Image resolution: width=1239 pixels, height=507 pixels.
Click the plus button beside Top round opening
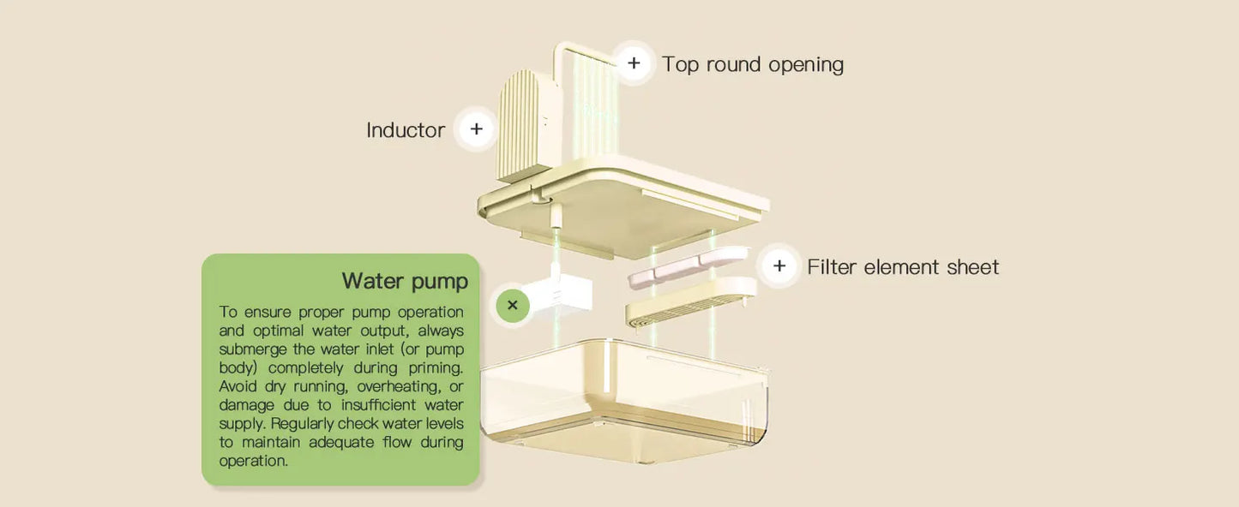click(633, 63)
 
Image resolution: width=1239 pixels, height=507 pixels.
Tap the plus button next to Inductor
click(476, 129)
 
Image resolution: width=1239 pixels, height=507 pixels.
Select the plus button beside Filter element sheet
click(779, 265)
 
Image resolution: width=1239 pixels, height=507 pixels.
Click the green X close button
click(513, 305)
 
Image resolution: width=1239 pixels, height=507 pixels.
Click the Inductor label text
click(406, 130)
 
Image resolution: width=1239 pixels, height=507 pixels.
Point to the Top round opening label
click(752, 65)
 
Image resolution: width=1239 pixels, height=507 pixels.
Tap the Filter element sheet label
click(902, 267)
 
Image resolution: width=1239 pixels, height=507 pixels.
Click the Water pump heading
click(405, 281)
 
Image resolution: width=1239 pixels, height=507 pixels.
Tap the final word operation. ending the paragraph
click(253, 462)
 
